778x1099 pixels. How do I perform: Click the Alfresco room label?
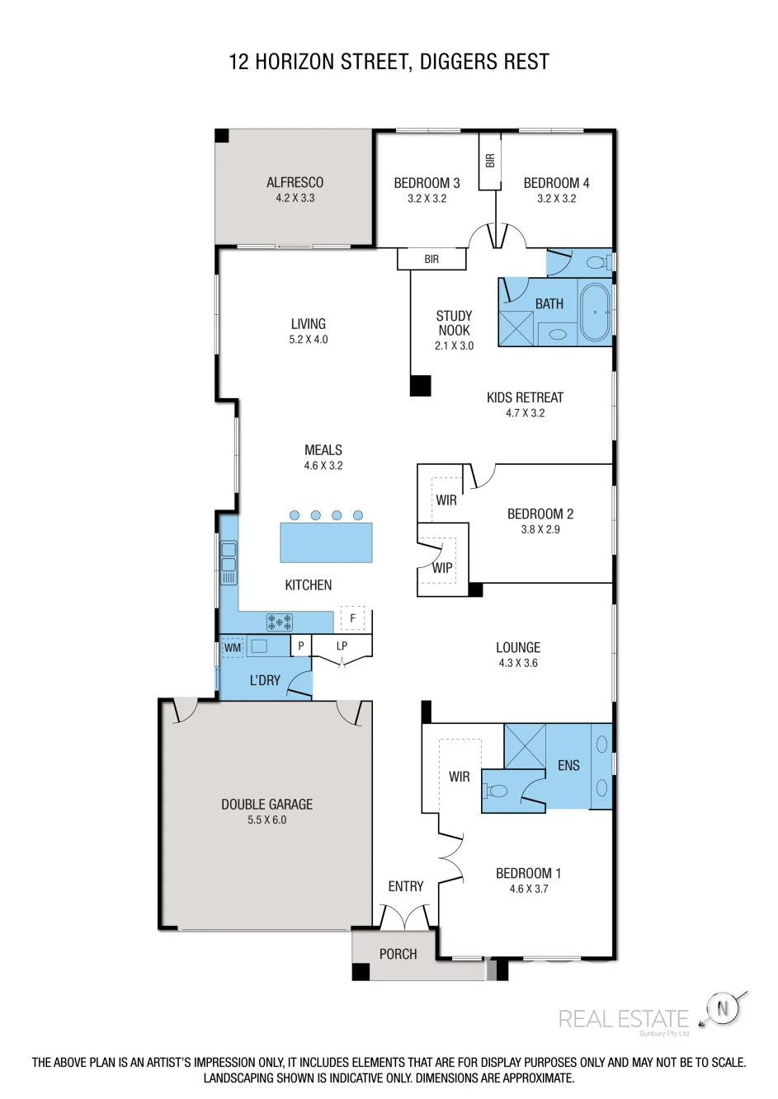(295, 182)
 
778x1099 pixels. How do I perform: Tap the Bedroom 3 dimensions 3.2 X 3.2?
(427, 199)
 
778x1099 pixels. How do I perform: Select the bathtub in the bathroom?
(595, 312)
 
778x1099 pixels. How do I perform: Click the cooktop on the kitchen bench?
(280, 622)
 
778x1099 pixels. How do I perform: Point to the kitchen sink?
(229, 562)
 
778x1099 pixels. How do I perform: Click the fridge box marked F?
(352, 618)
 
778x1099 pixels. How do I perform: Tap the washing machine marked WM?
(232, 647)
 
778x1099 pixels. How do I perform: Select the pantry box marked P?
(301, 646)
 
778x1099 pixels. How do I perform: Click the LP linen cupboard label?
(342, 646)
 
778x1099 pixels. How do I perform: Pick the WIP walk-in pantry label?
(441, 568)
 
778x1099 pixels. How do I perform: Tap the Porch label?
(398, 954)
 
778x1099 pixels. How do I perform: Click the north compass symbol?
(722, 1009)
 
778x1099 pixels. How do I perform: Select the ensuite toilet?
(496, 791)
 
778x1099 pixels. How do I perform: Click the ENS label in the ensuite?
(568, 765)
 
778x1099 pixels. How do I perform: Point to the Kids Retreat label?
(525, 397)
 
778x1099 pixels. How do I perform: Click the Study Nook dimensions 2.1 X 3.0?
(454, 346)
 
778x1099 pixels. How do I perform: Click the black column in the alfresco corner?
(222, 136)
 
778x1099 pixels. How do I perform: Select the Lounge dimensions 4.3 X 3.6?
(518, 663)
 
